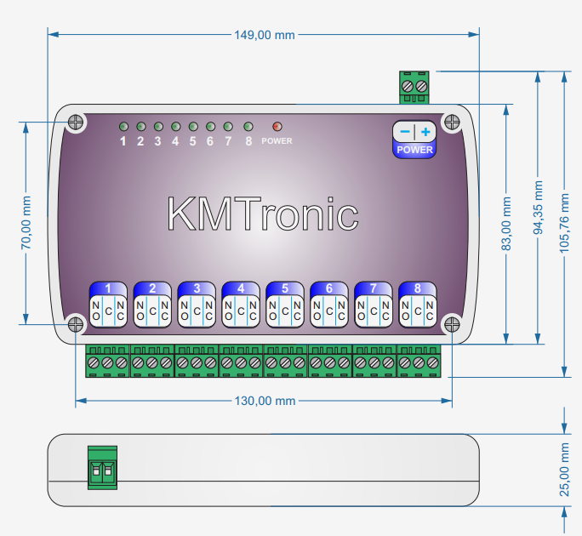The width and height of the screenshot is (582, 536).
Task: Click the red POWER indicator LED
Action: (x=277, y=126)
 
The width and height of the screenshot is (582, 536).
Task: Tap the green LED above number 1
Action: (x=123, y=126)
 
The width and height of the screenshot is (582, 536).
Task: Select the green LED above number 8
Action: (x=248, y=126)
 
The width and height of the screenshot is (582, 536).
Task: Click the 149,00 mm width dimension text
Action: (x=264, y=35)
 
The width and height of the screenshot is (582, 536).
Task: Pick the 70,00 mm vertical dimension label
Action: (x=26, y=223)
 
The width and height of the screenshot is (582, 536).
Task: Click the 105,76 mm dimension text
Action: (x=564, y=222)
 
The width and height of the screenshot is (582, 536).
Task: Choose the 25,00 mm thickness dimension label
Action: (x=564, y=470)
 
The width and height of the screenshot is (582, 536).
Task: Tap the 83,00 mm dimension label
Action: (x=507, y=223)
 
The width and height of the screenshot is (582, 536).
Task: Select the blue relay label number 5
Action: (x=284, y=288)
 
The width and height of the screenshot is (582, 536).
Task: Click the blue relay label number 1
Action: (x=108, y=288)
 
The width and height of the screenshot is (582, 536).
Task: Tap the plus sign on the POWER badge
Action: (x=425, y=132)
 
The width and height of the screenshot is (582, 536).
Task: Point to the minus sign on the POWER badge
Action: (x=404, y=132)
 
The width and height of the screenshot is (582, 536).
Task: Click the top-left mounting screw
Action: (x=76, y=121)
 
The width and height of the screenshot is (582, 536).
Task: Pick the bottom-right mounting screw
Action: (x=450, y=324)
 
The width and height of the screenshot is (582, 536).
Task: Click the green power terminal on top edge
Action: (x=415, y=87)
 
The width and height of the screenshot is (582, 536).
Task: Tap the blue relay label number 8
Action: (x=417, y=288)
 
